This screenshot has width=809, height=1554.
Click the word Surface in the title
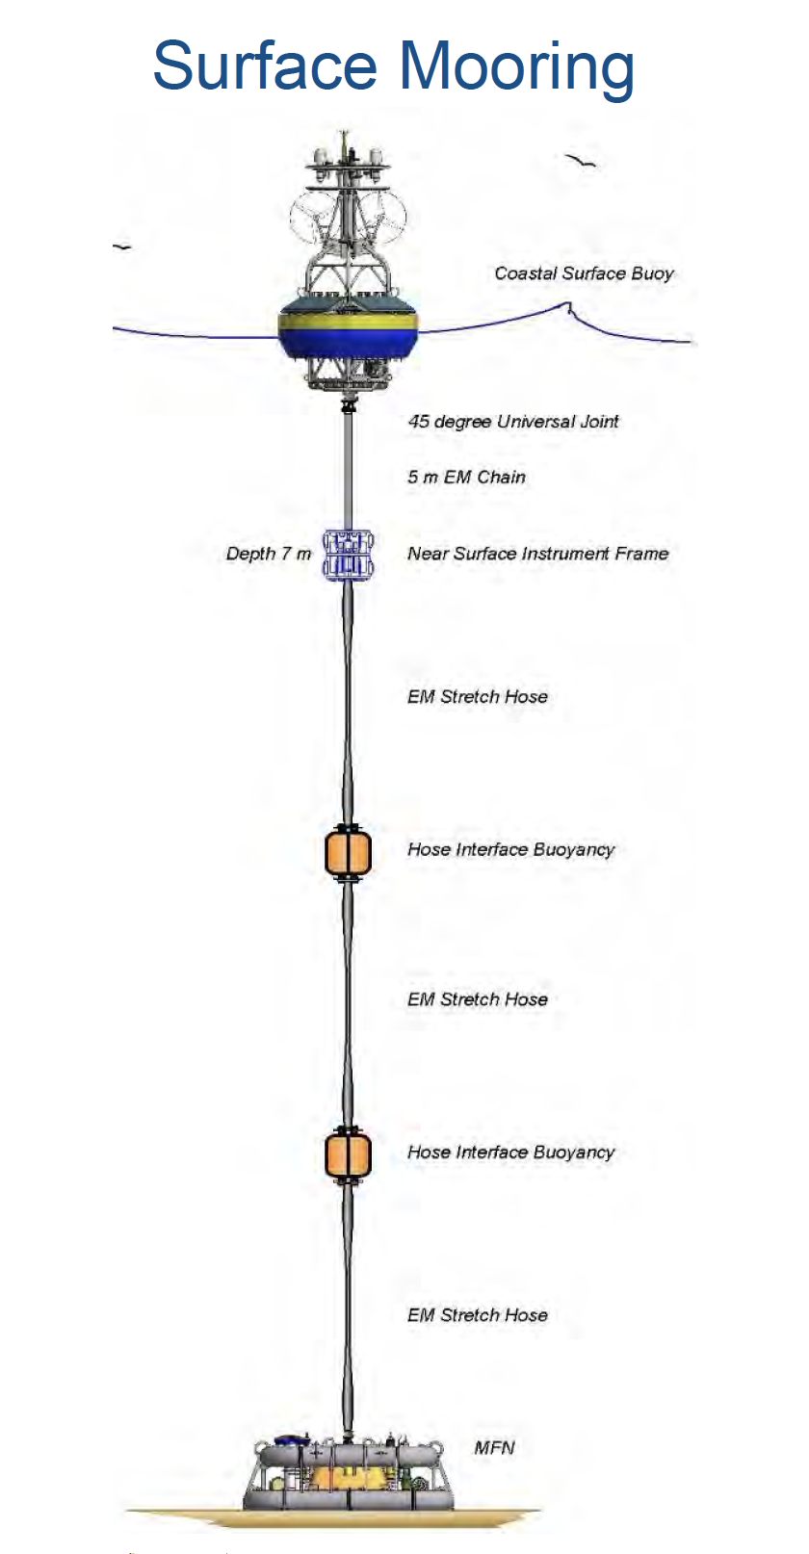point(265,65)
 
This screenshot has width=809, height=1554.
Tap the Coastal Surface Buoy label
point(584,273)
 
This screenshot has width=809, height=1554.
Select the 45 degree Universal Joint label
point(512,421)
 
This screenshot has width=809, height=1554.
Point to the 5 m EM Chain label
point(466,477)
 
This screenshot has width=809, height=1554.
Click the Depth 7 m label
point(269,554)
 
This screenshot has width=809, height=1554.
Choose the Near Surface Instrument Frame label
point(537,554)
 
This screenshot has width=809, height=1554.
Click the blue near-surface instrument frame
point(349,555)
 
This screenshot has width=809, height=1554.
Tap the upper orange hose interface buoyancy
point(349,853)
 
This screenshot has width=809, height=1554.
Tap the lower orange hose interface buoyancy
point(349,1155)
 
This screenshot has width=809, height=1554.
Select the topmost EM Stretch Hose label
point(478,696)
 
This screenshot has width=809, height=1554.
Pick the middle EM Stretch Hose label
point(478,999)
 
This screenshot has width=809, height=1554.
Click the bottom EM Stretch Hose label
point(478,1314)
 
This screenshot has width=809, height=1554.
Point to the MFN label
point(495,1448)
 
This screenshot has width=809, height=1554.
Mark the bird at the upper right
point(580,161)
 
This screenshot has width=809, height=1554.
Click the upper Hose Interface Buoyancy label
point(510,850)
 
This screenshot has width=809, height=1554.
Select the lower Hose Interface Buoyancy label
point(510,1153)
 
